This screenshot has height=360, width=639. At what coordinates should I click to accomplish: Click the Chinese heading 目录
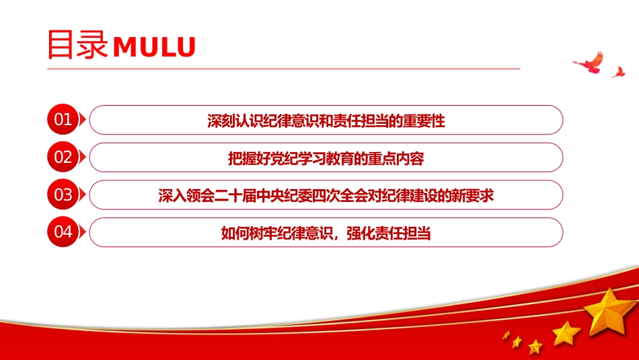point(77,44)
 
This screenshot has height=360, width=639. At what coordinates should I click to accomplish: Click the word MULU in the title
point(154,46)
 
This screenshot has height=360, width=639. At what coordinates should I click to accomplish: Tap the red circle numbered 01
point(63,120)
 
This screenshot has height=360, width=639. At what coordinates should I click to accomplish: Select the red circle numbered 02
point(63,157)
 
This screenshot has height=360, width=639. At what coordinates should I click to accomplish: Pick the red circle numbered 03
point(63,194)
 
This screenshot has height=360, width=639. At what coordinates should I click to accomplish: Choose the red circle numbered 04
point(63,232)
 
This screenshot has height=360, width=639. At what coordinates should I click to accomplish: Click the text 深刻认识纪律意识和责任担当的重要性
point(326,120)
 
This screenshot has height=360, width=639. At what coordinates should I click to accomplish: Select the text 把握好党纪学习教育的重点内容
point(326,158)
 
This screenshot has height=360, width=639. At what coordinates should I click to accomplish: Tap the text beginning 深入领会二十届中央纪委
point(326,196)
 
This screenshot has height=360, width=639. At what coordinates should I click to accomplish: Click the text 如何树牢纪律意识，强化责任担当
point(326,233)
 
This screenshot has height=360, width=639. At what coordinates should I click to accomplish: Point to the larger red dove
point(589,63)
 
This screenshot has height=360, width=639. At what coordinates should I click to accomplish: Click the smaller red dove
point(619,72)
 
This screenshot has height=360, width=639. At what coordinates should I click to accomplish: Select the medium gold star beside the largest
point(566,333)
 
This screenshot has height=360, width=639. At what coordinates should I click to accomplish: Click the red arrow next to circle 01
point(82,120)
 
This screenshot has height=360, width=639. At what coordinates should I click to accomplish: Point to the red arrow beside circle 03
point(82,194)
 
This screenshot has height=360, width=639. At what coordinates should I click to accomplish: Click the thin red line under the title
point(284,69)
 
